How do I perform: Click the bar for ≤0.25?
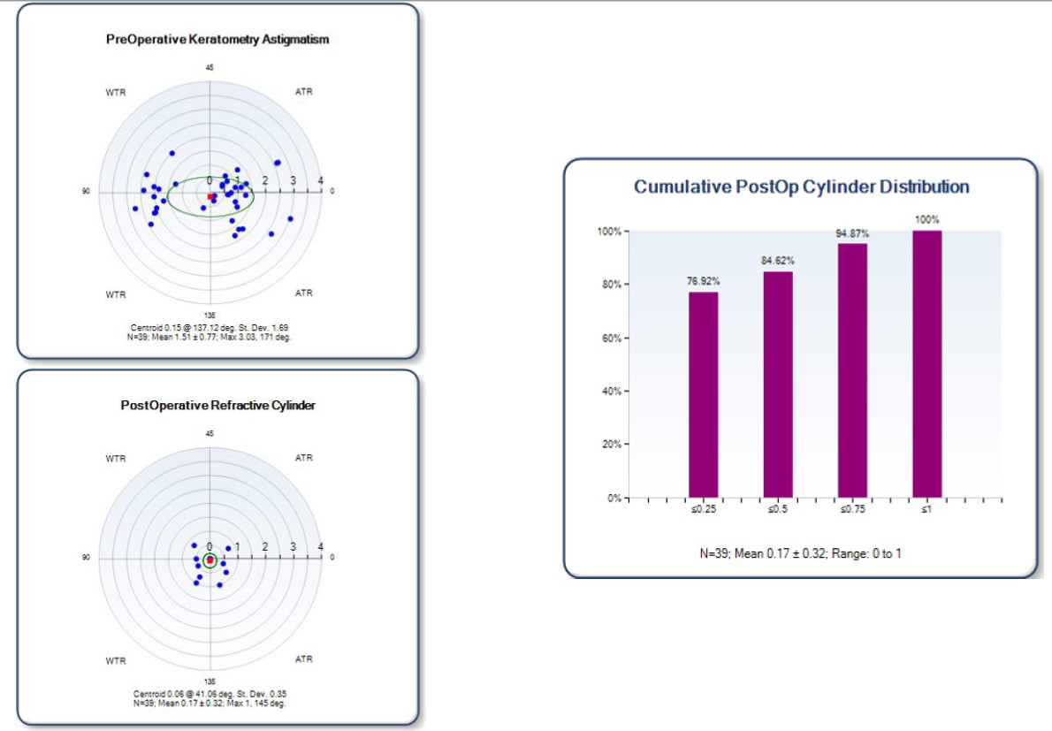(703, 394)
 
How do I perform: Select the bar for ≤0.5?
(778, 385)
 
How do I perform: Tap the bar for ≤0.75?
(852, 370)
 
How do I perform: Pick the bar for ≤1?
(926, 363)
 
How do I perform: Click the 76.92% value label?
(703, 281)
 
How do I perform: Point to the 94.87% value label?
(852, 233)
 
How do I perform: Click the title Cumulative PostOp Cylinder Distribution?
(801, 187)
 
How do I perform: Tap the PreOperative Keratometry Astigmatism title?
(217, 40)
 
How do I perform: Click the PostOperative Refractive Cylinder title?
(217, 406)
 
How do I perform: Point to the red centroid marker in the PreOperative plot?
(210, 196)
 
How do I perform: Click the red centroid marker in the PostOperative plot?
(210, 560)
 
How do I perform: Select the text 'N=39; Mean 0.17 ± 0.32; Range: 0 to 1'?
(800, 554)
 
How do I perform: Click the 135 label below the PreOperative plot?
(210, 316)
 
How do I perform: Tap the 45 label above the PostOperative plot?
(210, 434)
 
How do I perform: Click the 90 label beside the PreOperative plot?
(86, 191)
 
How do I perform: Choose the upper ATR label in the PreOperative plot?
(303, 92)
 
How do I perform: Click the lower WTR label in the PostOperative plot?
(116, 660)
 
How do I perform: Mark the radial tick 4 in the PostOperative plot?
(320, 546)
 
